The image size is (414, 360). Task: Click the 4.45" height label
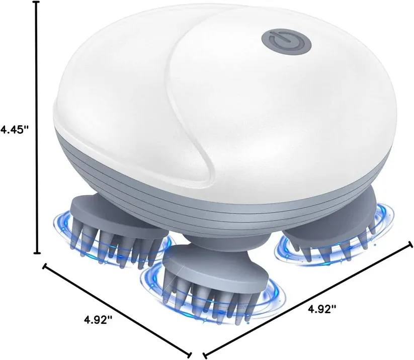[x=15, y=130]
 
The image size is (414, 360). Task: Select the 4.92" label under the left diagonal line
[x=98, y=320]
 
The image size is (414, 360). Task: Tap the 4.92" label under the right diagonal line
[x=322, y=309]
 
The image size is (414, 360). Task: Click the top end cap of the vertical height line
[x=36, y=2]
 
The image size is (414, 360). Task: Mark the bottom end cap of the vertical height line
[x=37, y=253]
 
